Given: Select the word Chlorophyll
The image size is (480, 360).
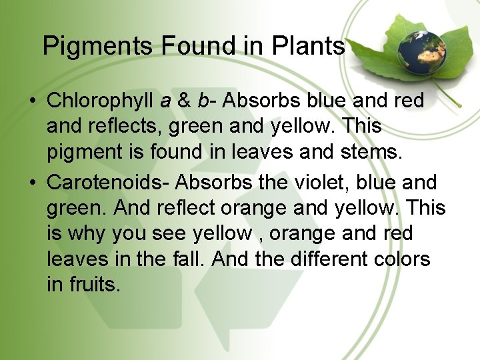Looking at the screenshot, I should pyautogui.click(x=101, y=101).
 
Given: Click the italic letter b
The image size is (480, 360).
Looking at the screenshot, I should pyautogui.click(x=203, y=101).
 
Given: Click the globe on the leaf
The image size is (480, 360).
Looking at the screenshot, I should pyautogui.click(x=418, y=50).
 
